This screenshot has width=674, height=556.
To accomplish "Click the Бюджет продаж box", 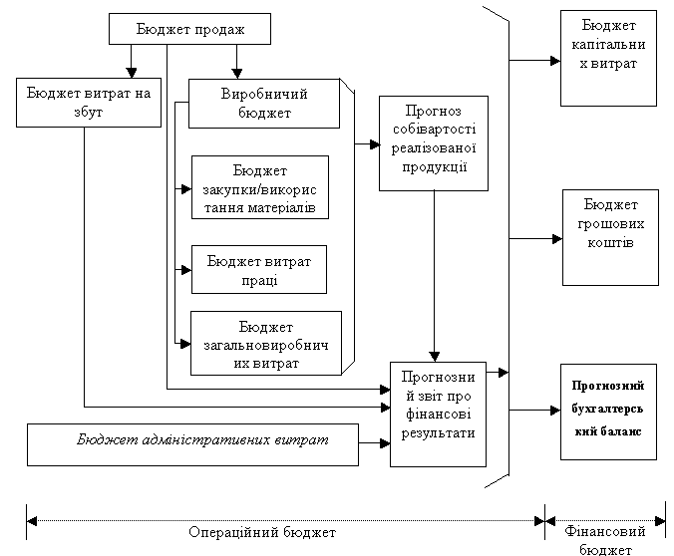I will [189, 30].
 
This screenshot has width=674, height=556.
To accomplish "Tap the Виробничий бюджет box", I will [263, 103].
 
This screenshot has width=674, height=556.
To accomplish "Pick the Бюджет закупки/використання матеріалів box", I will [259, 187].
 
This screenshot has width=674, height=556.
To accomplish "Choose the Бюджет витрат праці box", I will [258, 270].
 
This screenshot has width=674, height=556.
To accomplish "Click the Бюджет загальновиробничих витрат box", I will [264, 344].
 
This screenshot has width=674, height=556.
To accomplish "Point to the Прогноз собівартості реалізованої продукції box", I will [434, 142].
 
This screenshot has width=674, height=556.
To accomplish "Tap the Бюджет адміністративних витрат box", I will [192, 444].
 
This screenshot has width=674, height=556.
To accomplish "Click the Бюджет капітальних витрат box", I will [609, 58].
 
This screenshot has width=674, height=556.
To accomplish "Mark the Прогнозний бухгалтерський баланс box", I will [608, 410].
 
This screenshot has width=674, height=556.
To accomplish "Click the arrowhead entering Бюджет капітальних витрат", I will [554, 60].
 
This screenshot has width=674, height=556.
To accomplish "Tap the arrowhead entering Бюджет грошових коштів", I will [556, 238].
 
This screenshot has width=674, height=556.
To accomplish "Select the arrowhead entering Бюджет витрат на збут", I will [131, 72].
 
